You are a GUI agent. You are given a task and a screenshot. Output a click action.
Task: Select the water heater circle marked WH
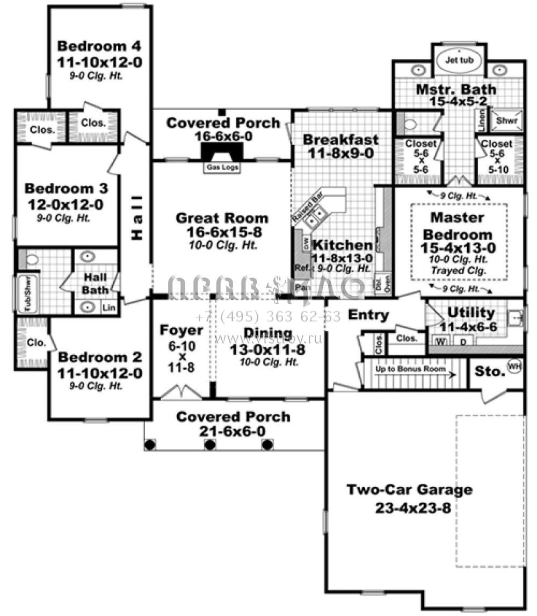(x=514, y=367)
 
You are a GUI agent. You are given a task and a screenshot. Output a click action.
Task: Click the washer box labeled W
(x=441, y=341)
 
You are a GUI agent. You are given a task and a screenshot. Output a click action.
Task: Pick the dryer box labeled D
(x=462, y=341)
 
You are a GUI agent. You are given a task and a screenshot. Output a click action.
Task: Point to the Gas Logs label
(x=221, y=167)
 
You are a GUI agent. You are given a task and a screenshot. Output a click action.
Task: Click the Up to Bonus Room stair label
(x=411, y=370)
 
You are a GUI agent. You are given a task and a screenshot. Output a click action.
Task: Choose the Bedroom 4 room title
(x=100, y=45)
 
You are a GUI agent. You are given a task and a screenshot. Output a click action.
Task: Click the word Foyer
(x=182, y=330)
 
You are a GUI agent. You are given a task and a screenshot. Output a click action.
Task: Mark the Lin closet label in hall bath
(x=109, y=307)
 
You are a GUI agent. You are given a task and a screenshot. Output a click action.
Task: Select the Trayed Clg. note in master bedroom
(x=459, y=271)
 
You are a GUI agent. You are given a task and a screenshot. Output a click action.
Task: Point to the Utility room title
(x=464, y=312)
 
